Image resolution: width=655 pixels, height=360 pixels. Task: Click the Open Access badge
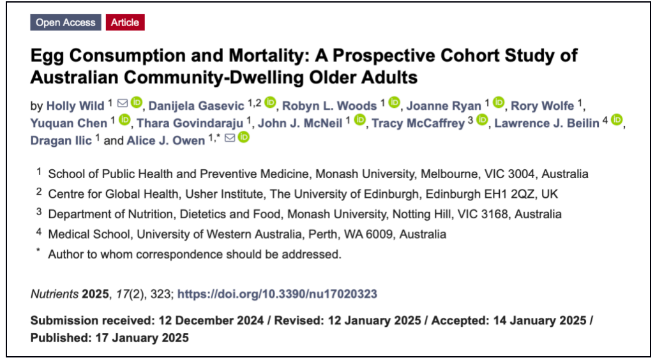(65, 22)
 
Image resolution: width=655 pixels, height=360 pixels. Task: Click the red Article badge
(125, 22)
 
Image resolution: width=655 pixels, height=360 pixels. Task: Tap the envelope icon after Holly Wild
(122, 104)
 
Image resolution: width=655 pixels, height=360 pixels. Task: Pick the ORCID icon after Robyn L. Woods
(394, 103)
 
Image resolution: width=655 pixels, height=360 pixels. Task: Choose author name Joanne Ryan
(444, 105)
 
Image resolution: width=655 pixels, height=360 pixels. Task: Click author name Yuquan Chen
(70, 123)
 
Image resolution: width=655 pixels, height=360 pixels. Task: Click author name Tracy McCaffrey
(418, 123)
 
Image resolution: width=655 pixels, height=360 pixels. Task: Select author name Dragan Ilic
(61, 140)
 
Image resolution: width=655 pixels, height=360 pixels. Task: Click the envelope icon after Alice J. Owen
(230, 139)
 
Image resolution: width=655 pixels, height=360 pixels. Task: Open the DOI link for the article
(277, 294)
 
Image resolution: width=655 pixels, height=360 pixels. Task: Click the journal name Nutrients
(55, 294)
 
